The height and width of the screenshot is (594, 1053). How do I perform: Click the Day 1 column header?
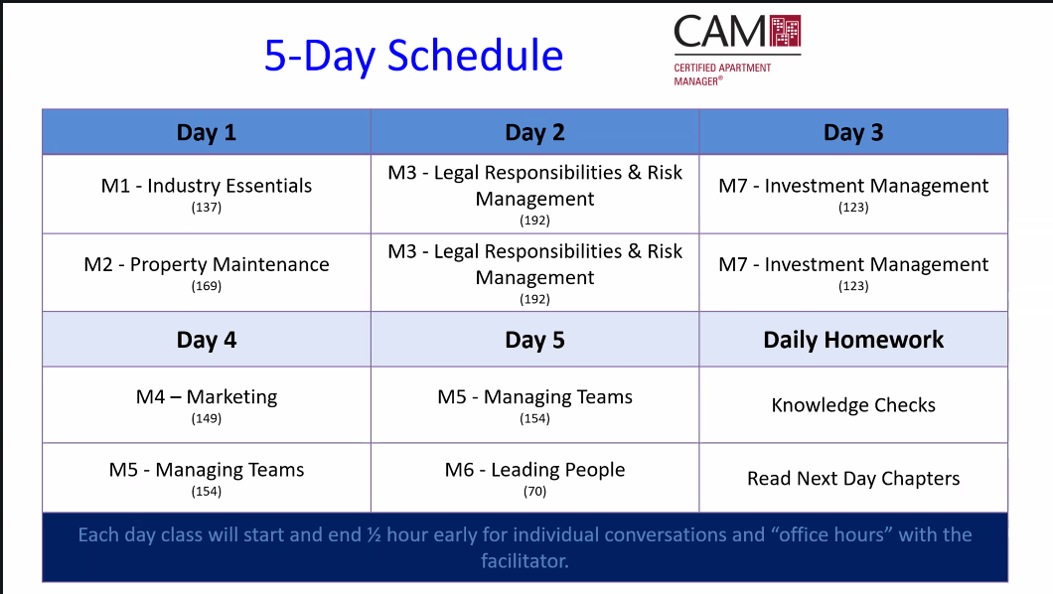(207, 132)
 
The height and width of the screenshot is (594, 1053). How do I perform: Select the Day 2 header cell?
(534, 132)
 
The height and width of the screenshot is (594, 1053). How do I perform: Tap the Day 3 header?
(853, 132)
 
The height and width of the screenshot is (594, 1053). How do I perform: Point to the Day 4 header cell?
(207, 340)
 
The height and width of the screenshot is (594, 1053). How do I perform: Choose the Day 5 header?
(534, 340)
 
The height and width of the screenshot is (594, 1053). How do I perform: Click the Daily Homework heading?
(853, 340)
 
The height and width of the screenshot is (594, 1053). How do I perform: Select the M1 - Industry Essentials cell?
(207, 194)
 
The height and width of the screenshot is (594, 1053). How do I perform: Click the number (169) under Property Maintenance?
(207, 286)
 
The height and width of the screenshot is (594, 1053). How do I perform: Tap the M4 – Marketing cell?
(207, 404)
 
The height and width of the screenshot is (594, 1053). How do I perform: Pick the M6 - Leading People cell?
(534, 478)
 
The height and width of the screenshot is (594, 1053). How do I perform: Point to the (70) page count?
(534, 492)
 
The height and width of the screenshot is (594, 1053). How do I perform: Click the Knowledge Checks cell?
(853, 404)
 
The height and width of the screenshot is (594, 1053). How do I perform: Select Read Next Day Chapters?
(853, 478)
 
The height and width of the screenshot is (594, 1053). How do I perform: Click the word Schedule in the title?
(475, 55)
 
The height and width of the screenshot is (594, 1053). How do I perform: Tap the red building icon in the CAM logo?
(785, 31)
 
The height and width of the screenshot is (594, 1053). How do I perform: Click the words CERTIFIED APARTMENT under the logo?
(722, 68)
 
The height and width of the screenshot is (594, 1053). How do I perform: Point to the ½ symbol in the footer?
(374, 535)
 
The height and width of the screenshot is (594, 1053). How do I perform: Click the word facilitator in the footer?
(525, 560)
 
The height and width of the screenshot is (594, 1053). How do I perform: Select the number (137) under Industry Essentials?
(207, 208)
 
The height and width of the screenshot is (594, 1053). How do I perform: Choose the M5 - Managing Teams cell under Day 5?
(534, 404)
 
